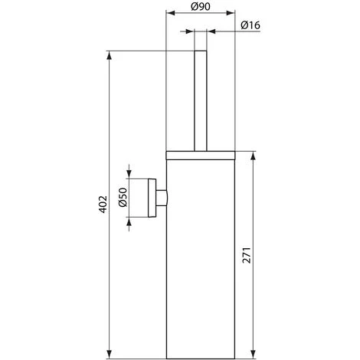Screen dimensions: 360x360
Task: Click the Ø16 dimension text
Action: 253,25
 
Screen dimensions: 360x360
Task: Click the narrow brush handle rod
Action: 201,100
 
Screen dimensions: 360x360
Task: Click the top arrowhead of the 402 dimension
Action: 110,55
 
